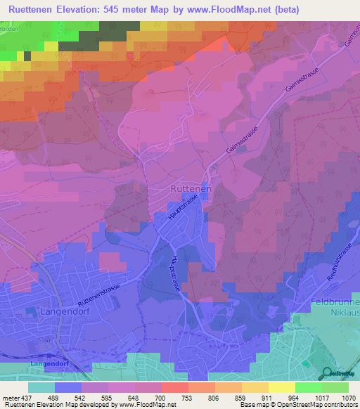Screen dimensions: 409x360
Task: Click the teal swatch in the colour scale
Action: click(41, 387)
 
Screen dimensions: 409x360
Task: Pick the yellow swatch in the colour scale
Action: click(282, 387)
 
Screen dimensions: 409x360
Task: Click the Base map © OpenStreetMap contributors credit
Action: click(306, 405)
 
